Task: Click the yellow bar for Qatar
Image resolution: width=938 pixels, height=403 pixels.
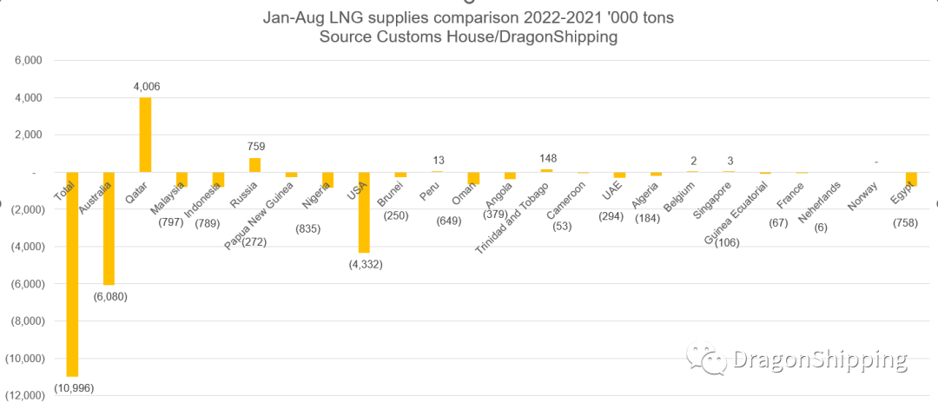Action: (145, 135)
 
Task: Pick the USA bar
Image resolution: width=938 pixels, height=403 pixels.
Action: (364, 213)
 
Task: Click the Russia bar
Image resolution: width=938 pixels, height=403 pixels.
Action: (254, 165)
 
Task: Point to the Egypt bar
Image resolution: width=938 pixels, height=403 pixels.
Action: (912, 179)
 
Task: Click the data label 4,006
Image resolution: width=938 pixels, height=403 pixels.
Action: (146, 87)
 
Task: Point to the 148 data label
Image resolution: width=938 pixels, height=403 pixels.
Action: (547, 158)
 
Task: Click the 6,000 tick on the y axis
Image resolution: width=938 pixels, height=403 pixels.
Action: (29, 61)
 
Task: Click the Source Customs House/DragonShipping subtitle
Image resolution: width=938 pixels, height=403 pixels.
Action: (469, 36)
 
